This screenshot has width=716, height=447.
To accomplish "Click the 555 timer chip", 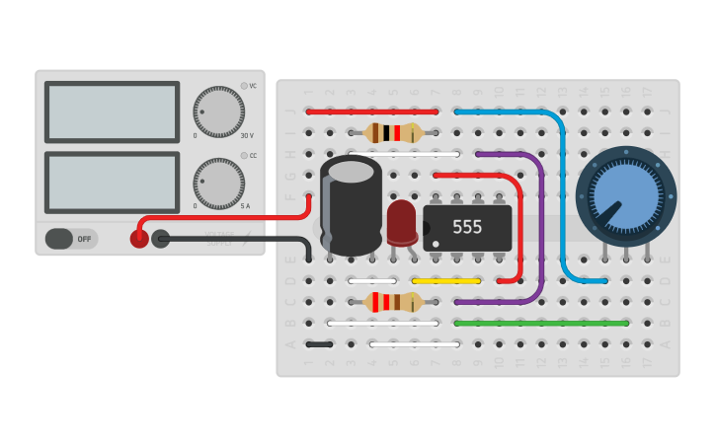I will click(x=467, y=227).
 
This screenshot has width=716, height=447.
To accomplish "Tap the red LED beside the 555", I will click(x=402, y=222).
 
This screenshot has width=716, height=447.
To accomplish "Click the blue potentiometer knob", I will click(x=625, y=195).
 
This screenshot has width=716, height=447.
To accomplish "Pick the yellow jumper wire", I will click(x=445, y=281).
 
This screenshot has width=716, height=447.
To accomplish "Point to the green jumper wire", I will click(x=541, y=323).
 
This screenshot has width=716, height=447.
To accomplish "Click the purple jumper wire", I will click(x=541, y=227).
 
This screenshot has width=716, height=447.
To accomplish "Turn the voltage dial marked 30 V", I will click(x=218, y=112).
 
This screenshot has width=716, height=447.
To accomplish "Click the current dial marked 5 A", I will click(x=218, y=182).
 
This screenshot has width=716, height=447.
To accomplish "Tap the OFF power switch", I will click(x=71, y=239).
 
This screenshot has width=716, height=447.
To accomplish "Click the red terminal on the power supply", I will click(x=139, y=239).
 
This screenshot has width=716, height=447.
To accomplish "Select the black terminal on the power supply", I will click(x=160, y=239).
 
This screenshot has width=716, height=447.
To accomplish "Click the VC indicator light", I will click(x=244, y=86).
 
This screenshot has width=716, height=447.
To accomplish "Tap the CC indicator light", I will click(x=244, y=156).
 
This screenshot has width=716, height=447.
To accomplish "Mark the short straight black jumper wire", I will click(x=319, y=344).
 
